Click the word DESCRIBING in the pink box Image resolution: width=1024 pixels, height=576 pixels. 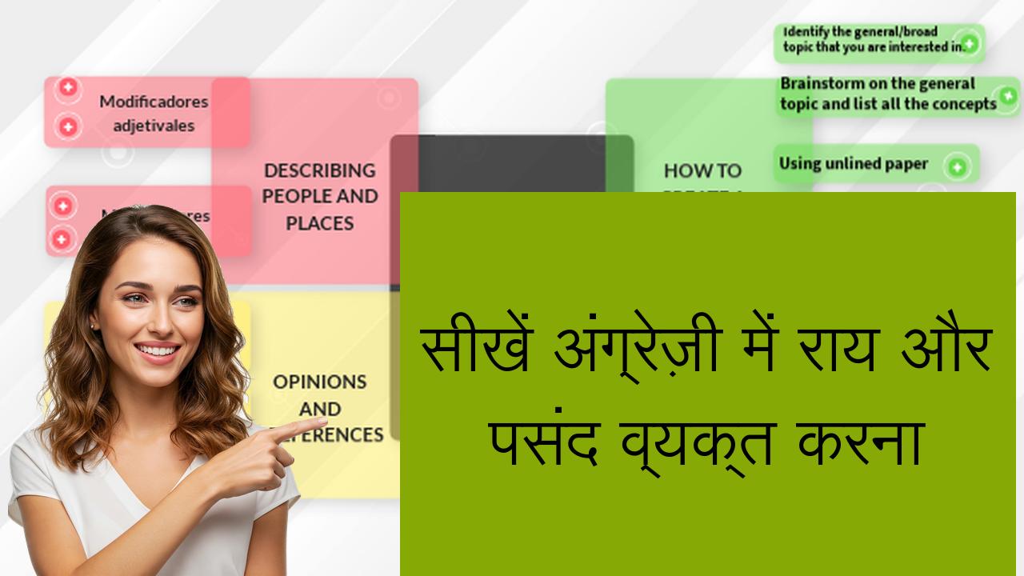(319, 170)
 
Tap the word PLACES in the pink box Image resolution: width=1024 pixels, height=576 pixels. (319, 223)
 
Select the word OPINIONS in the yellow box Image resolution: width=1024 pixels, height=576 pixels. (319, 382)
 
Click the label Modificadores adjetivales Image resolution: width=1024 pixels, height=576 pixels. (154, 113)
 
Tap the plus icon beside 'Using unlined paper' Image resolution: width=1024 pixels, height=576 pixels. (956, 166)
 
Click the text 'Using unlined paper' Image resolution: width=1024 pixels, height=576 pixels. (853, 164)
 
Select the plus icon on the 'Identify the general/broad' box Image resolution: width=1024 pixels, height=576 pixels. (969, 43)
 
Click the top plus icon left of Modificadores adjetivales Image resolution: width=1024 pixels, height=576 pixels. (68, 88)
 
